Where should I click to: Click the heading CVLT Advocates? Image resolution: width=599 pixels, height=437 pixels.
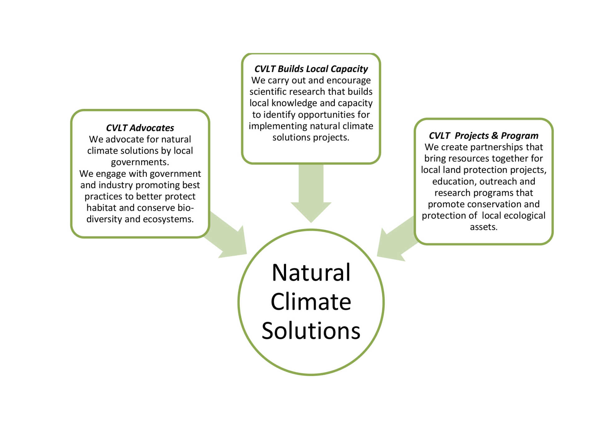[140, 128]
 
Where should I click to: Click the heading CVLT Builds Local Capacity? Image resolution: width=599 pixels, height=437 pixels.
[311, 69]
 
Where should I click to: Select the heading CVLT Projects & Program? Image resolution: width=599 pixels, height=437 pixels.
[484, 136]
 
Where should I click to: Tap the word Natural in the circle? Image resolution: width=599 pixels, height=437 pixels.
[311, 273]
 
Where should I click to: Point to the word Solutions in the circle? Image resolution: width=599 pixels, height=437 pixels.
[311, 331]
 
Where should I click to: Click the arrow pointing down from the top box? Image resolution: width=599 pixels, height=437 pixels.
[311, 193]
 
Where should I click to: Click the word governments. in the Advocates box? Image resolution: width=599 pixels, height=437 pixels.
[140, 162]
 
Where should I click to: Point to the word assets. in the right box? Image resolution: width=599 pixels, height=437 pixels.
[484, 227]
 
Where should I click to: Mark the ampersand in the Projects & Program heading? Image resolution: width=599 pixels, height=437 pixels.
[495, 136]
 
